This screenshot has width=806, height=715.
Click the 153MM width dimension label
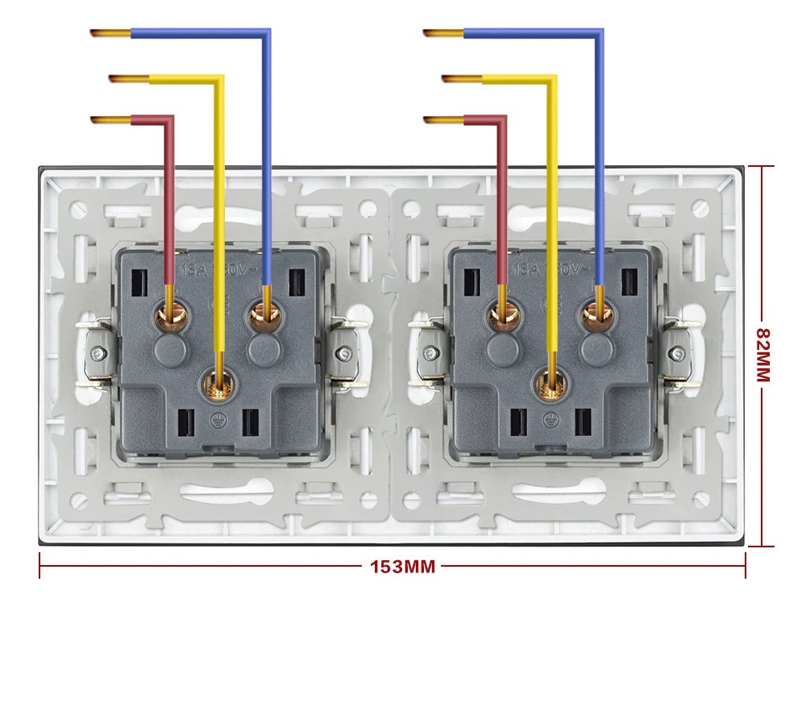(402, 567)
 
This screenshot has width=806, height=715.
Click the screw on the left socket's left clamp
(98, 352)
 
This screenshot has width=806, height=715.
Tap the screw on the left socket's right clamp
(344, 352)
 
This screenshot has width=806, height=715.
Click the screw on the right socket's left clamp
(432, 352)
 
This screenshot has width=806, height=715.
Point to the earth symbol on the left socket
(217, 418)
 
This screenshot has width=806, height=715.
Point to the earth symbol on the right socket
(550, 418)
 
